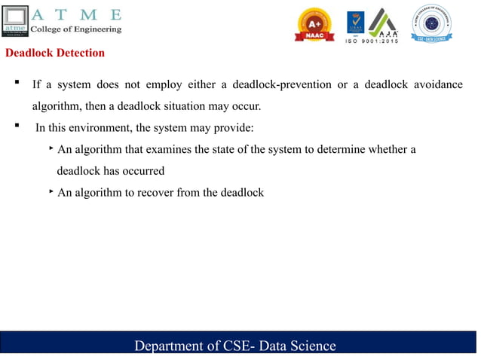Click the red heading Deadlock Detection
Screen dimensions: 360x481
[x=55, y=53]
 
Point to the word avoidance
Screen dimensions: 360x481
[x=437, y=84]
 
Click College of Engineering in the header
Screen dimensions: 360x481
[x=75, y=29]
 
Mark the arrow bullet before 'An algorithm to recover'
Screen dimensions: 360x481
[x=51, y=191]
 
